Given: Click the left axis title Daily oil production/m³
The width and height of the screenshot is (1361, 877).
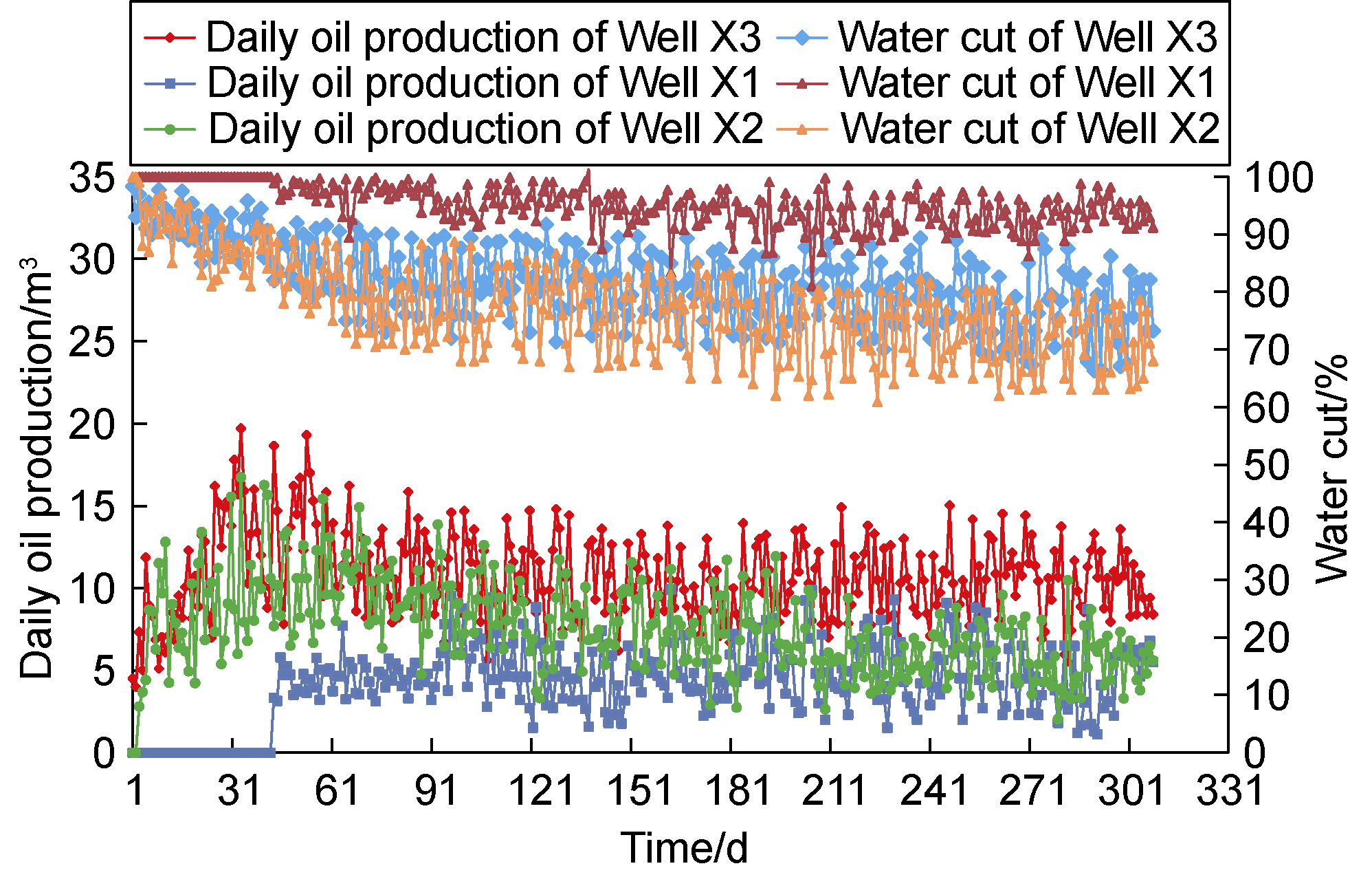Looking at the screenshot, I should pyautogui.click(x=38, y=468).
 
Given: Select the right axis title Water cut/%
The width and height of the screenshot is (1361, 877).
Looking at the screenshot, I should pyautogui.click(x=1330, y=468).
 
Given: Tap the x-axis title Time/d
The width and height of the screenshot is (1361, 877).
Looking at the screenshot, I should pyautogui.click(x=685, y=847).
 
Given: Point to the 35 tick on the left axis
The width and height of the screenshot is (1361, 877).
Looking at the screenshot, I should pyautogui.click(x=91, y=178).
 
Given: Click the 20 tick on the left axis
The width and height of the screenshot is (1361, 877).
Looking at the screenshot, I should pyautogui.click(x=91, y=424).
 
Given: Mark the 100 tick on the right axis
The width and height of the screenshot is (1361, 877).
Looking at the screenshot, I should pyautogui.click(x=1279, y=178).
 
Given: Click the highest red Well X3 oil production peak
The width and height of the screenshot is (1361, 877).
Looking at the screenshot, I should pyautogui.click(x=241, y=428).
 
